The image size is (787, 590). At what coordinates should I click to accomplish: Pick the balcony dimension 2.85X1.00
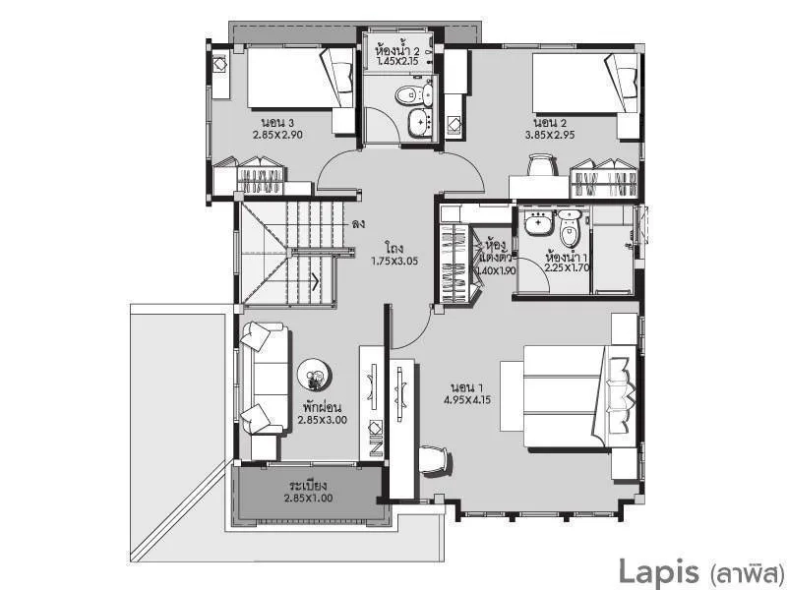pyautogui.click(x=308, y=499)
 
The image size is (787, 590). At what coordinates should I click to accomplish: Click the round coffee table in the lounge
pyautogui.click(x=315, y=375)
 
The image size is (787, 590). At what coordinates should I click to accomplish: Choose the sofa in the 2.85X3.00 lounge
pyautogui.click(x=263, y=378)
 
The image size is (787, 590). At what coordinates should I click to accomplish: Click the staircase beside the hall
pyautogui.click(x=290, y=251)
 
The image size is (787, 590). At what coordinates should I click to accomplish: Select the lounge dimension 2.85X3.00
pyautogui.click(x=323, y=418)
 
